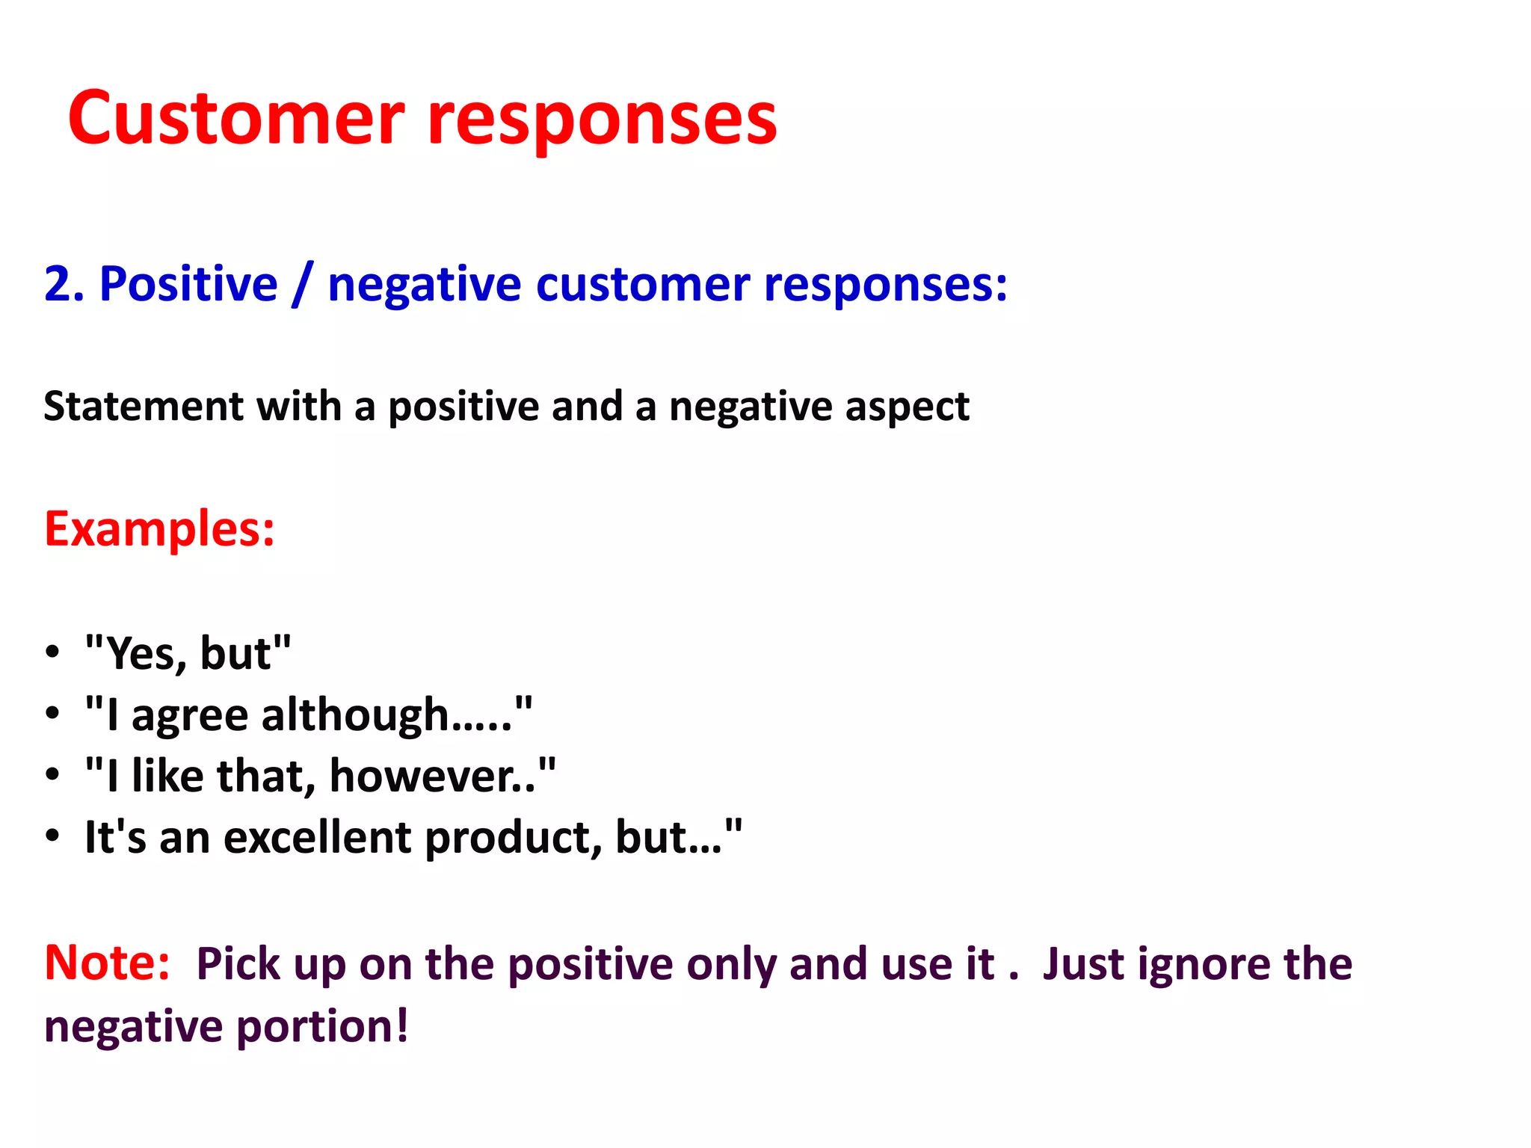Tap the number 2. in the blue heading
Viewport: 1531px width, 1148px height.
64,285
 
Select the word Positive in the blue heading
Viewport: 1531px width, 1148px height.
188,285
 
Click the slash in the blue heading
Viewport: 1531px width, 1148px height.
302,285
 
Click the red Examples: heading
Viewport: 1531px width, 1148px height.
159,529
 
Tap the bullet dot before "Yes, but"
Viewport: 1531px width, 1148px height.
52,652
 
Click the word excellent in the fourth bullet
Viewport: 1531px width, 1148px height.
317,837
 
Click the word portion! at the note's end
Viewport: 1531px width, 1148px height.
322,1027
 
